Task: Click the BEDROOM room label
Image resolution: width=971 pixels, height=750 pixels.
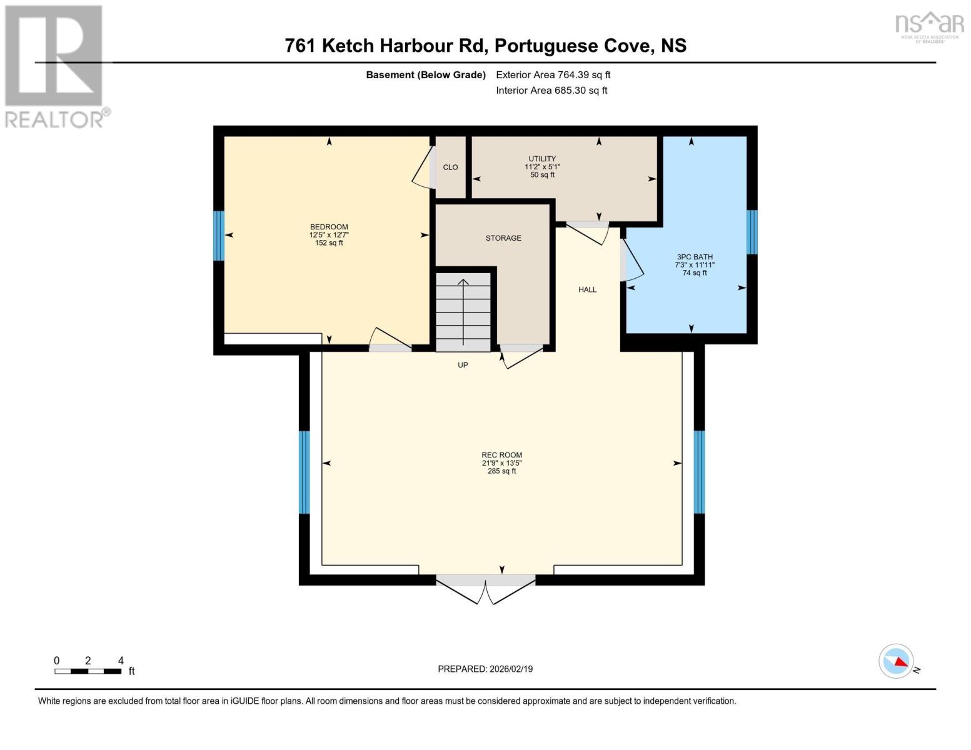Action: pos(329,227)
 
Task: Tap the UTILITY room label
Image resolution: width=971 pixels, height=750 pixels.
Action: pos(542,159)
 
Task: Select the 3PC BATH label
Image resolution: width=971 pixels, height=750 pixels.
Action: pos(695,257)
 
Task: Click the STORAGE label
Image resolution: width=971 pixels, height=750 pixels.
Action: pos(503,238)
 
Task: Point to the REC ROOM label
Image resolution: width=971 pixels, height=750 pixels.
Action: pos(501,456)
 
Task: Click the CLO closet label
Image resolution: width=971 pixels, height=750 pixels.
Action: pos(450,167)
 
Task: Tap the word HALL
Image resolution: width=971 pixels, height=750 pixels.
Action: pos(587,289)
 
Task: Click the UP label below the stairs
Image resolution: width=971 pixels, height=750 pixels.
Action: pos(463,365)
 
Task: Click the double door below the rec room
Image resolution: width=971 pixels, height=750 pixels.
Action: pos(486,588)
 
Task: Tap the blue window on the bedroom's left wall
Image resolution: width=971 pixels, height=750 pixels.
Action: pos(218,236)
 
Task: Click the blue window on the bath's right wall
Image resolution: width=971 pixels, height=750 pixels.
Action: pos(752,232)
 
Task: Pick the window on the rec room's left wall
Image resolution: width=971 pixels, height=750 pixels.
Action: pos(304,472)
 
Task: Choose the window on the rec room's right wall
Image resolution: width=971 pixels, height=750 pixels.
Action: pos(699,472)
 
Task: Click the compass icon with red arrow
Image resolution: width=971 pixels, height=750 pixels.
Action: pos(896,661)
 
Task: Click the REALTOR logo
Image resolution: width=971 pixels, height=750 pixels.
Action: pos(54,66)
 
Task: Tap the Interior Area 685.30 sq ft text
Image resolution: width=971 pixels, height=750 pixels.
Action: pos(551,91)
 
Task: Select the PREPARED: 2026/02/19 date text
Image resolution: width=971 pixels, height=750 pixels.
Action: pos(485,669)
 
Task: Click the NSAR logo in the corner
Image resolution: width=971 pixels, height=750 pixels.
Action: pos(929,25)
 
